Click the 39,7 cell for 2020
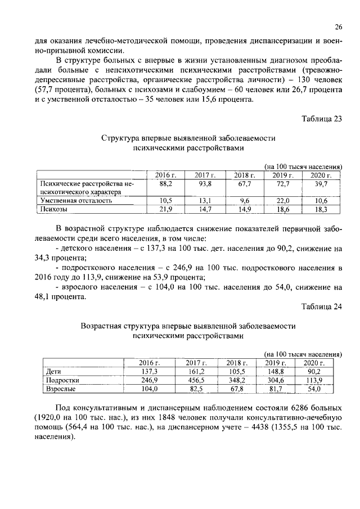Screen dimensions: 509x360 pos(321,184)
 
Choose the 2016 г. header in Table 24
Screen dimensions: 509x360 pos(150,363)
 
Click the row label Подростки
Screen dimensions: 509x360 pos(61,380)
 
